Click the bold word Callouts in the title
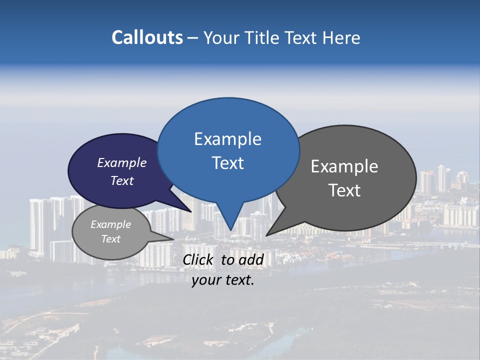[147, 37]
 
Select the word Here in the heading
[341, 38]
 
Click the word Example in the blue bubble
[227, 139]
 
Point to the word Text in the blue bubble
[228, 162]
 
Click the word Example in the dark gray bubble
[344, 166]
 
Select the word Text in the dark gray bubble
[344, 190]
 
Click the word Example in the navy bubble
[121, 162]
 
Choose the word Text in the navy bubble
[122, 180]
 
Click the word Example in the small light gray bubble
[110, 224]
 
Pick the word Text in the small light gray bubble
[111, 239]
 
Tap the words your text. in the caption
[223, 280]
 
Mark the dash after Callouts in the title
[192, 38]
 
